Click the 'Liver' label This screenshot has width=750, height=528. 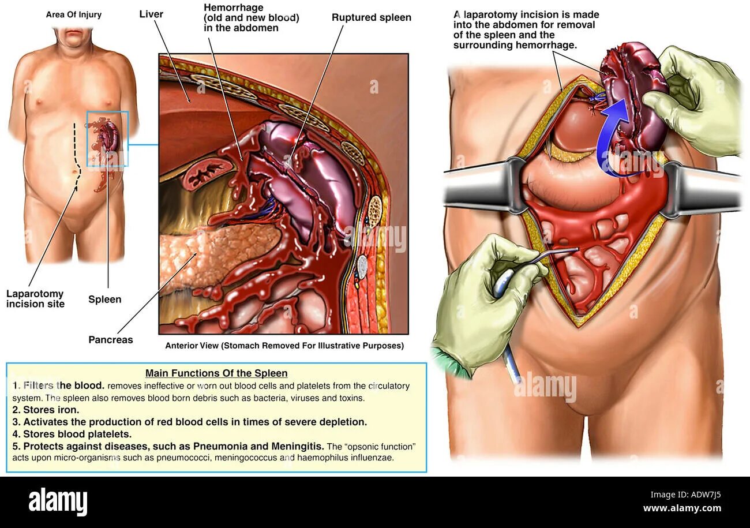pos(152,13)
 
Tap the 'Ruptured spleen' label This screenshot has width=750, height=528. pos(371,17)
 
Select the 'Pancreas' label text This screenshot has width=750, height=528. pos(110,340)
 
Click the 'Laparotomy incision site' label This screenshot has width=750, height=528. pos(35,299)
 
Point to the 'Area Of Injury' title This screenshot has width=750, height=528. pos(73,14)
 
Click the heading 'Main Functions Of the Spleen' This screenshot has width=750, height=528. pos(216,373)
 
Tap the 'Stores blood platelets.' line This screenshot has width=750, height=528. pos(72,434)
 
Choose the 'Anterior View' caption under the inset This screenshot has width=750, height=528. pos(284,346)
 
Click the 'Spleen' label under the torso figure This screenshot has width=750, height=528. pos(104,299)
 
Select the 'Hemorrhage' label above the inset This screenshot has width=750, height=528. pos(251,17)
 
